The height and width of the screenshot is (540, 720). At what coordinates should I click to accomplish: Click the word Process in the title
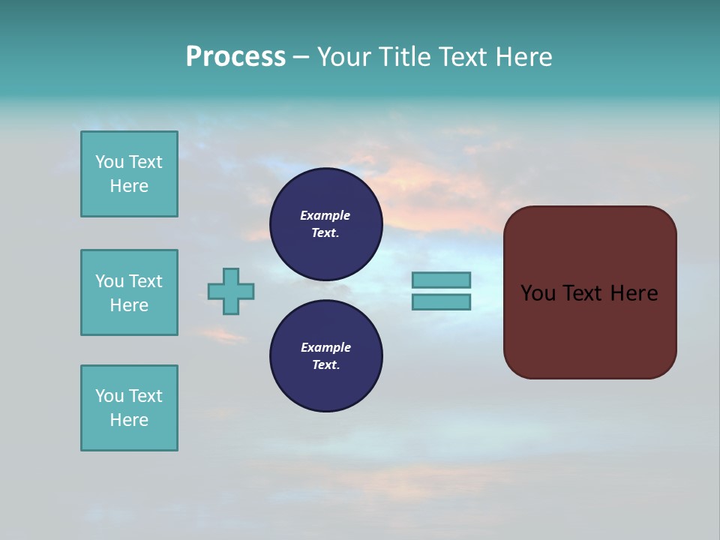click(235, 57)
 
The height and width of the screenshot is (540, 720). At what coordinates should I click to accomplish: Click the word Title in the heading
click(405, 57)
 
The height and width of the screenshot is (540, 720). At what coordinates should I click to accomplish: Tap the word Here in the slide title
click(523, 57)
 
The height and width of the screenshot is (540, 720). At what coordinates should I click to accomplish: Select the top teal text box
click(129, 174)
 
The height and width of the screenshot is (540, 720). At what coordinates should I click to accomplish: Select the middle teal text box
click(129, 292)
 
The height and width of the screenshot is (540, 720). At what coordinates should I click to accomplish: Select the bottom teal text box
click(129, 408)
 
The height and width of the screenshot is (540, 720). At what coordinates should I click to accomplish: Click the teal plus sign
click(231, 291)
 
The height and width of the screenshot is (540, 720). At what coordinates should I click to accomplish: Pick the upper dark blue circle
click(326, 224)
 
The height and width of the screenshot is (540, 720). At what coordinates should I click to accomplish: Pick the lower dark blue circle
click(326, 356)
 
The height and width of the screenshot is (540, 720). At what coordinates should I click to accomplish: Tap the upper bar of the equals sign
click(441, 280)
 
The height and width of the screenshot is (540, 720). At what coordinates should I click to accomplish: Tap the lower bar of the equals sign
click(441, 302)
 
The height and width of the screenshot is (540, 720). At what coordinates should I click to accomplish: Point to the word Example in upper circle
click(325, 215)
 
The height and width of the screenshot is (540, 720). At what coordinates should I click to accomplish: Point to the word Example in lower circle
click(325, 347)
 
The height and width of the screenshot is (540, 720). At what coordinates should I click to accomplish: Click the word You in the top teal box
click(109, 162)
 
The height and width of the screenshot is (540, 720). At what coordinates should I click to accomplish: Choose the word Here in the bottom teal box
click(129, 420)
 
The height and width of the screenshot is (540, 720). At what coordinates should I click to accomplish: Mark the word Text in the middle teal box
click(145, 281)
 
